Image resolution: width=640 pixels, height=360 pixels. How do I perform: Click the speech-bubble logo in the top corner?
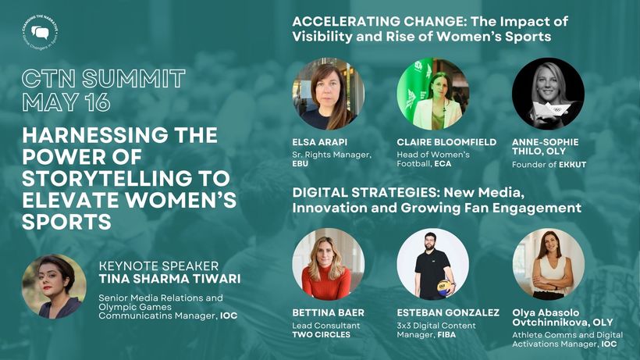click(40, 33)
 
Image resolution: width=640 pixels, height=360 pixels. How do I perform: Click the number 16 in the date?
click(98, 102)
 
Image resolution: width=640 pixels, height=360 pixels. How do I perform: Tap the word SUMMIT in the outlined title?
click(134, 78)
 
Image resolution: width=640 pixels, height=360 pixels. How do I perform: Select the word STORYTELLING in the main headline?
click(126, 178)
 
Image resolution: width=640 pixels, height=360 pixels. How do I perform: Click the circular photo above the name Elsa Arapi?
click(329, 94)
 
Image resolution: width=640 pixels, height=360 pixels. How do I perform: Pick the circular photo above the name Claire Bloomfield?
click(433, 94)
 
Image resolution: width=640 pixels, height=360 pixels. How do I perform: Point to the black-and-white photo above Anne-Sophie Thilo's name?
click(548, 94)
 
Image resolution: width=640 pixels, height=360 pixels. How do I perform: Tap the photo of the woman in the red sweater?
click(329, 265)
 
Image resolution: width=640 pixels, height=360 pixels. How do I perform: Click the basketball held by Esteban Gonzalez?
click(446, 287)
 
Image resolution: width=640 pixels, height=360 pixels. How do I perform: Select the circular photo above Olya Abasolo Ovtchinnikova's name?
click(548, 265)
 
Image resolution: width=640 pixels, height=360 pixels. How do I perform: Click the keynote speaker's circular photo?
click(55, 286)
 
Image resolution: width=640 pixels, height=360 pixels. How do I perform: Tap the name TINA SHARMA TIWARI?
click(170, 279)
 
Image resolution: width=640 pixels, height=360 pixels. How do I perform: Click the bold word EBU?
click(300, 164)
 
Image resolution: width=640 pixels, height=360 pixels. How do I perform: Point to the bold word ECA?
click(443, 164)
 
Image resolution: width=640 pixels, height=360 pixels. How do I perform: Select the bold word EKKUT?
click(573, 165)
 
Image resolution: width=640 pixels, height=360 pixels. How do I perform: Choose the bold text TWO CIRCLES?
click(322, 334)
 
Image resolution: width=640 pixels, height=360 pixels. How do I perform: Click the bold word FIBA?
click(446, 334)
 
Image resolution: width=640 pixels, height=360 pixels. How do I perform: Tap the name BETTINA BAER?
click(328, 312)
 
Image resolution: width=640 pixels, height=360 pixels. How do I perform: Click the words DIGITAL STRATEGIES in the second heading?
click(366, 192)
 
